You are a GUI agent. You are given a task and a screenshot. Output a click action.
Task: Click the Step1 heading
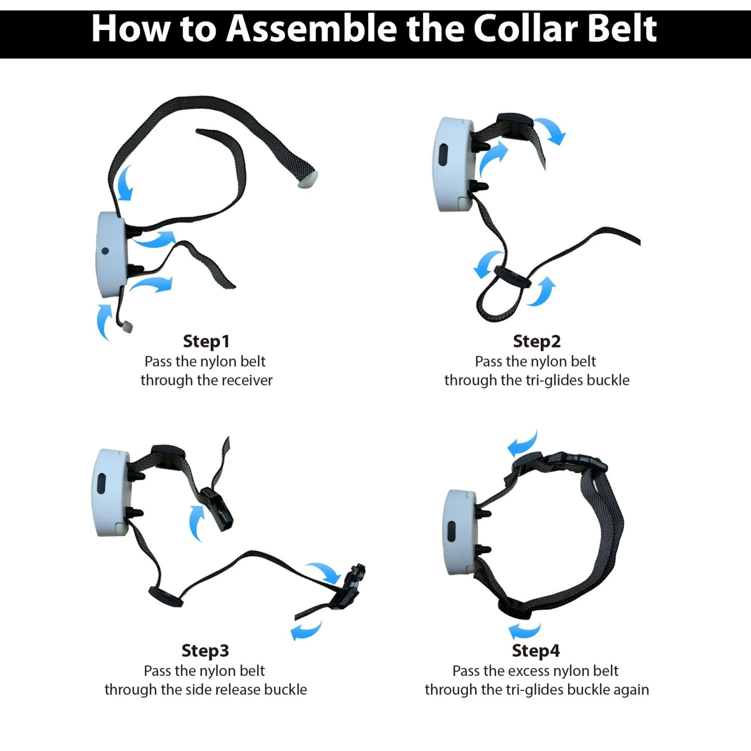click(206, 341)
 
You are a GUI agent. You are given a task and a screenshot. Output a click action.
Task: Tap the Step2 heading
click(537, 341)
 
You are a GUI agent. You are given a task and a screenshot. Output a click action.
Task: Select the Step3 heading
click(205, 651)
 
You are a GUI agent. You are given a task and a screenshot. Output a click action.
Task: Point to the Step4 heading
click(536, 651)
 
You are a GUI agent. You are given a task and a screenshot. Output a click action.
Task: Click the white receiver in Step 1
click(111, 254)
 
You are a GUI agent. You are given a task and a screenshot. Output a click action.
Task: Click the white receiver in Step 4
click(460, 533)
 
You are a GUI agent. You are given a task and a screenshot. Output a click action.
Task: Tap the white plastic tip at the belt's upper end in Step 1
click(307, 179)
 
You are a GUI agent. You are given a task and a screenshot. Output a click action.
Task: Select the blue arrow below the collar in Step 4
click(525, 630)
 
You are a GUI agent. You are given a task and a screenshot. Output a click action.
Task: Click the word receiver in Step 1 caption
click(247, 381)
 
